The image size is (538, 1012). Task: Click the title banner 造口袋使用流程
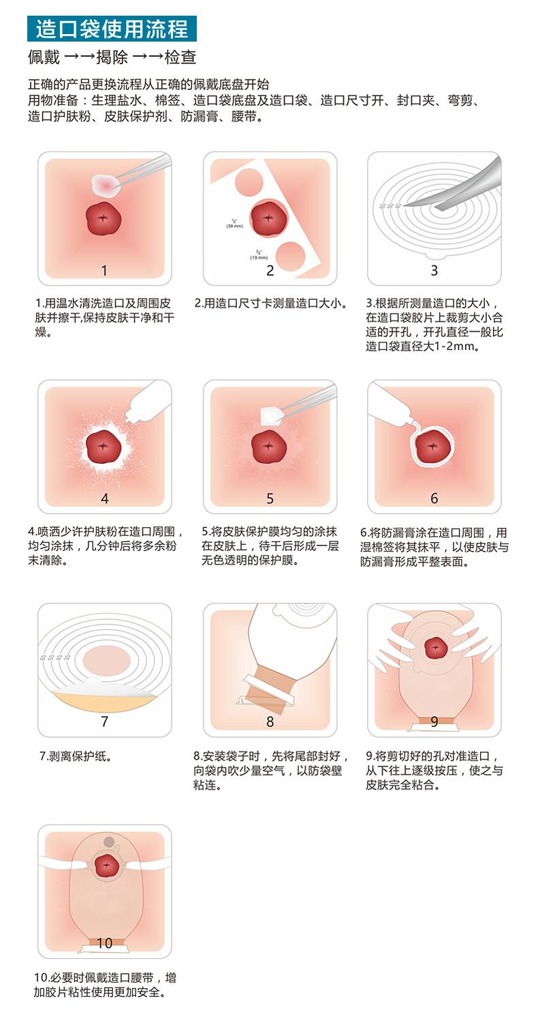112,29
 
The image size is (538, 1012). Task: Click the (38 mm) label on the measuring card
235,226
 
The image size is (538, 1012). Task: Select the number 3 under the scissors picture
434,271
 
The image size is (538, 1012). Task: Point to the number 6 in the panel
434,498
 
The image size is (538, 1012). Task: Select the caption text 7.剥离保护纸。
75,756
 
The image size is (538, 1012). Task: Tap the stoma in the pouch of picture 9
434,648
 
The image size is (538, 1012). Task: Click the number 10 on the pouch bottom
104,943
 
